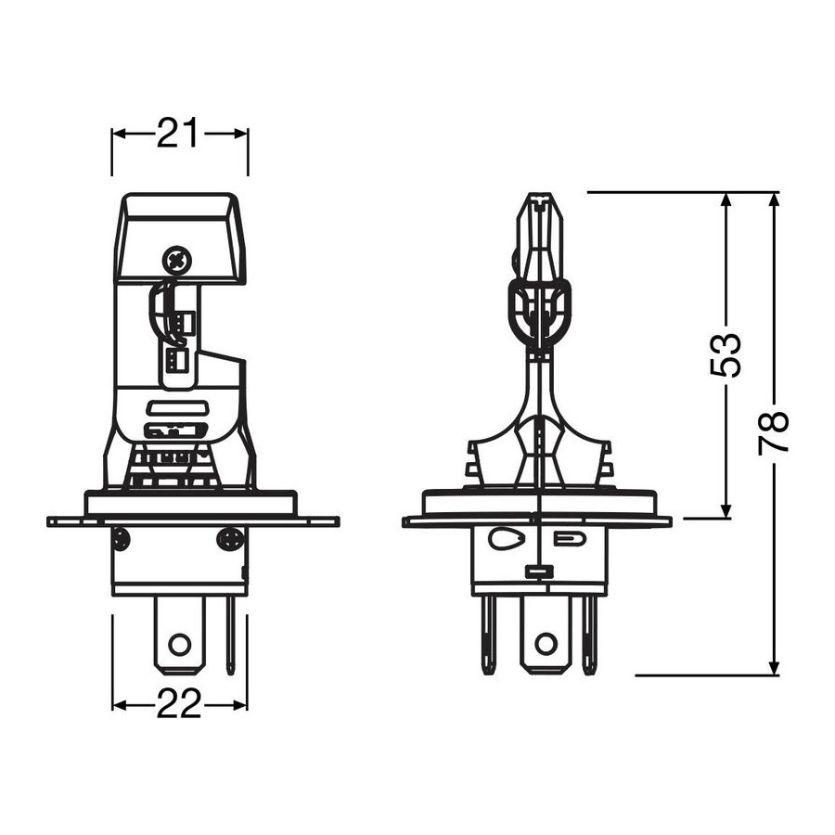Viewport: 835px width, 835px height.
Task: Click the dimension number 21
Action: pyautogui.click(x=178, y=133)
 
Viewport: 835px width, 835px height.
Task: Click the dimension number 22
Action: pyautogui.click(x=179, y=703)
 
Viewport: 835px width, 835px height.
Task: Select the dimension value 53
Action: pyautogui.click(x=726, y=355)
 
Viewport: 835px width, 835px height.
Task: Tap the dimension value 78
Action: pyautogui.click(x=773, y=432)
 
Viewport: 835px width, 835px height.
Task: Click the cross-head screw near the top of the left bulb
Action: pyautogui.click(x=176, y=261)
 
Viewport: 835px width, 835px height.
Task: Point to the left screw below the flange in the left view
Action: pyautogui.click(x=122, y=538)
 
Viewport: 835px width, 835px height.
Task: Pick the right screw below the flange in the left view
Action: pyautogui.click(x=230, y=538)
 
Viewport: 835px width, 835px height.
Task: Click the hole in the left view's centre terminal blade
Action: pyautogui.click(x=179, y=645)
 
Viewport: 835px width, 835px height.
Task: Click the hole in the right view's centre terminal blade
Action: pyautogui.click(x=546, y=644)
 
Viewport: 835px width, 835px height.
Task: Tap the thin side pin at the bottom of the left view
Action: pyautogui.click(x=230, y=636)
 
